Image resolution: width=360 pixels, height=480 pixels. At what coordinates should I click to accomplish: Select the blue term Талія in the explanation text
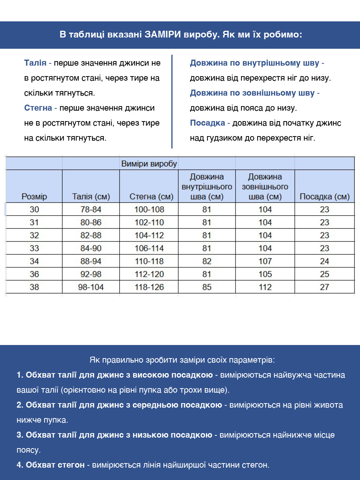35,63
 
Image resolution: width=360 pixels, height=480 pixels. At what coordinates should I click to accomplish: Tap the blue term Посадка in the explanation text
207,123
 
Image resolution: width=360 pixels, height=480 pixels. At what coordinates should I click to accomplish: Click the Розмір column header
34,196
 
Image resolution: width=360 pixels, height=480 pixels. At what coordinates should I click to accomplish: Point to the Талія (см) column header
91,196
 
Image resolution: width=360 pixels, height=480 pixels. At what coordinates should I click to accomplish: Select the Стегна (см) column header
151,196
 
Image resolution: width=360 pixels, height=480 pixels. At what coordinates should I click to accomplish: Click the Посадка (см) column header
324,196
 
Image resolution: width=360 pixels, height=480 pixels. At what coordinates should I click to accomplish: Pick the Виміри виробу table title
149,164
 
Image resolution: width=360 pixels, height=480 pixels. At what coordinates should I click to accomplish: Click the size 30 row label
34,210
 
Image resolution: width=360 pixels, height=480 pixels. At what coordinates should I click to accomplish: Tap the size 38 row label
34,287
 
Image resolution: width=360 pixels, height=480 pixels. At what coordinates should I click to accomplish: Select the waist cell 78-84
91,210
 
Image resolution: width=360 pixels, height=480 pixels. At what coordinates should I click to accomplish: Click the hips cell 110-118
149,261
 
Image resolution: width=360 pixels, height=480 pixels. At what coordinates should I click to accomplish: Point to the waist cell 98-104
91,287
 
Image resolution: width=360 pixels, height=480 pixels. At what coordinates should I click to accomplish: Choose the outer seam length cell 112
265,287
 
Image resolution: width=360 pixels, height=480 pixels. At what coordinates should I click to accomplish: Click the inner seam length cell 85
207,287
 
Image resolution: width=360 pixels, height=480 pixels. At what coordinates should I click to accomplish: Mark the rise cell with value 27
324,287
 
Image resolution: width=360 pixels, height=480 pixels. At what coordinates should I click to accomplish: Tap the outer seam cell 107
265,261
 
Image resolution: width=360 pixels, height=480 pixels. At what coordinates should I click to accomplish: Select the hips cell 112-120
149,274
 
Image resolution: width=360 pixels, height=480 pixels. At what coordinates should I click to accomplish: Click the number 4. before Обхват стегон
20,465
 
